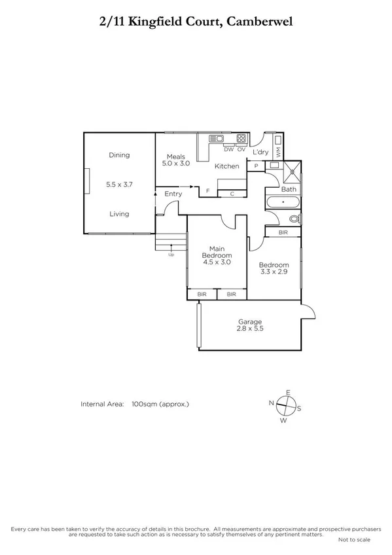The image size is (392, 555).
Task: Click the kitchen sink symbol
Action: pyautogui.click(x=216, y=139)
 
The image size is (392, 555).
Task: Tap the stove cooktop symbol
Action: pyautogui.click(x=241, y=139)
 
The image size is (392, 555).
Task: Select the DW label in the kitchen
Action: pyautogui.click(x=228, y=149)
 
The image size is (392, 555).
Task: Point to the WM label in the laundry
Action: pyautogui.click(x=278, y=152)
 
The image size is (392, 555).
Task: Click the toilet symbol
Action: pyautogui.click(x=294, y=218)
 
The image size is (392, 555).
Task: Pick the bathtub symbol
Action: pyautogui.click(x=282, y=202)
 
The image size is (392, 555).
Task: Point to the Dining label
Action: pyautogui.click(x=120, y=155)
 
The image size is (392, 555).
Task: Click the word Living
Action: pyautogui.click(x=119, y=214)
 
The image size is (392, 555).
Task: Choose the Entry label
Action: pyautogui.click(x=173, y=194)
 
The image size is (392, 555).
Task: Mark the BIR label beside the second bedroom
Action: pyautogui.click(x=283, y=232)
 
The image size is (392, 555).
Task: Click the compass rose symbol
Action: pyautogui.click(x=286, y=406)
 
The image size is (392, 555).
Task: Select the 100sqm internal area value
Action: pyautogui.click(x=160, y=404)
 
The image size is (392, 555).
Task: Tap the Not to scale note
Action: pyautogui.click(x=354, y=539)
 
